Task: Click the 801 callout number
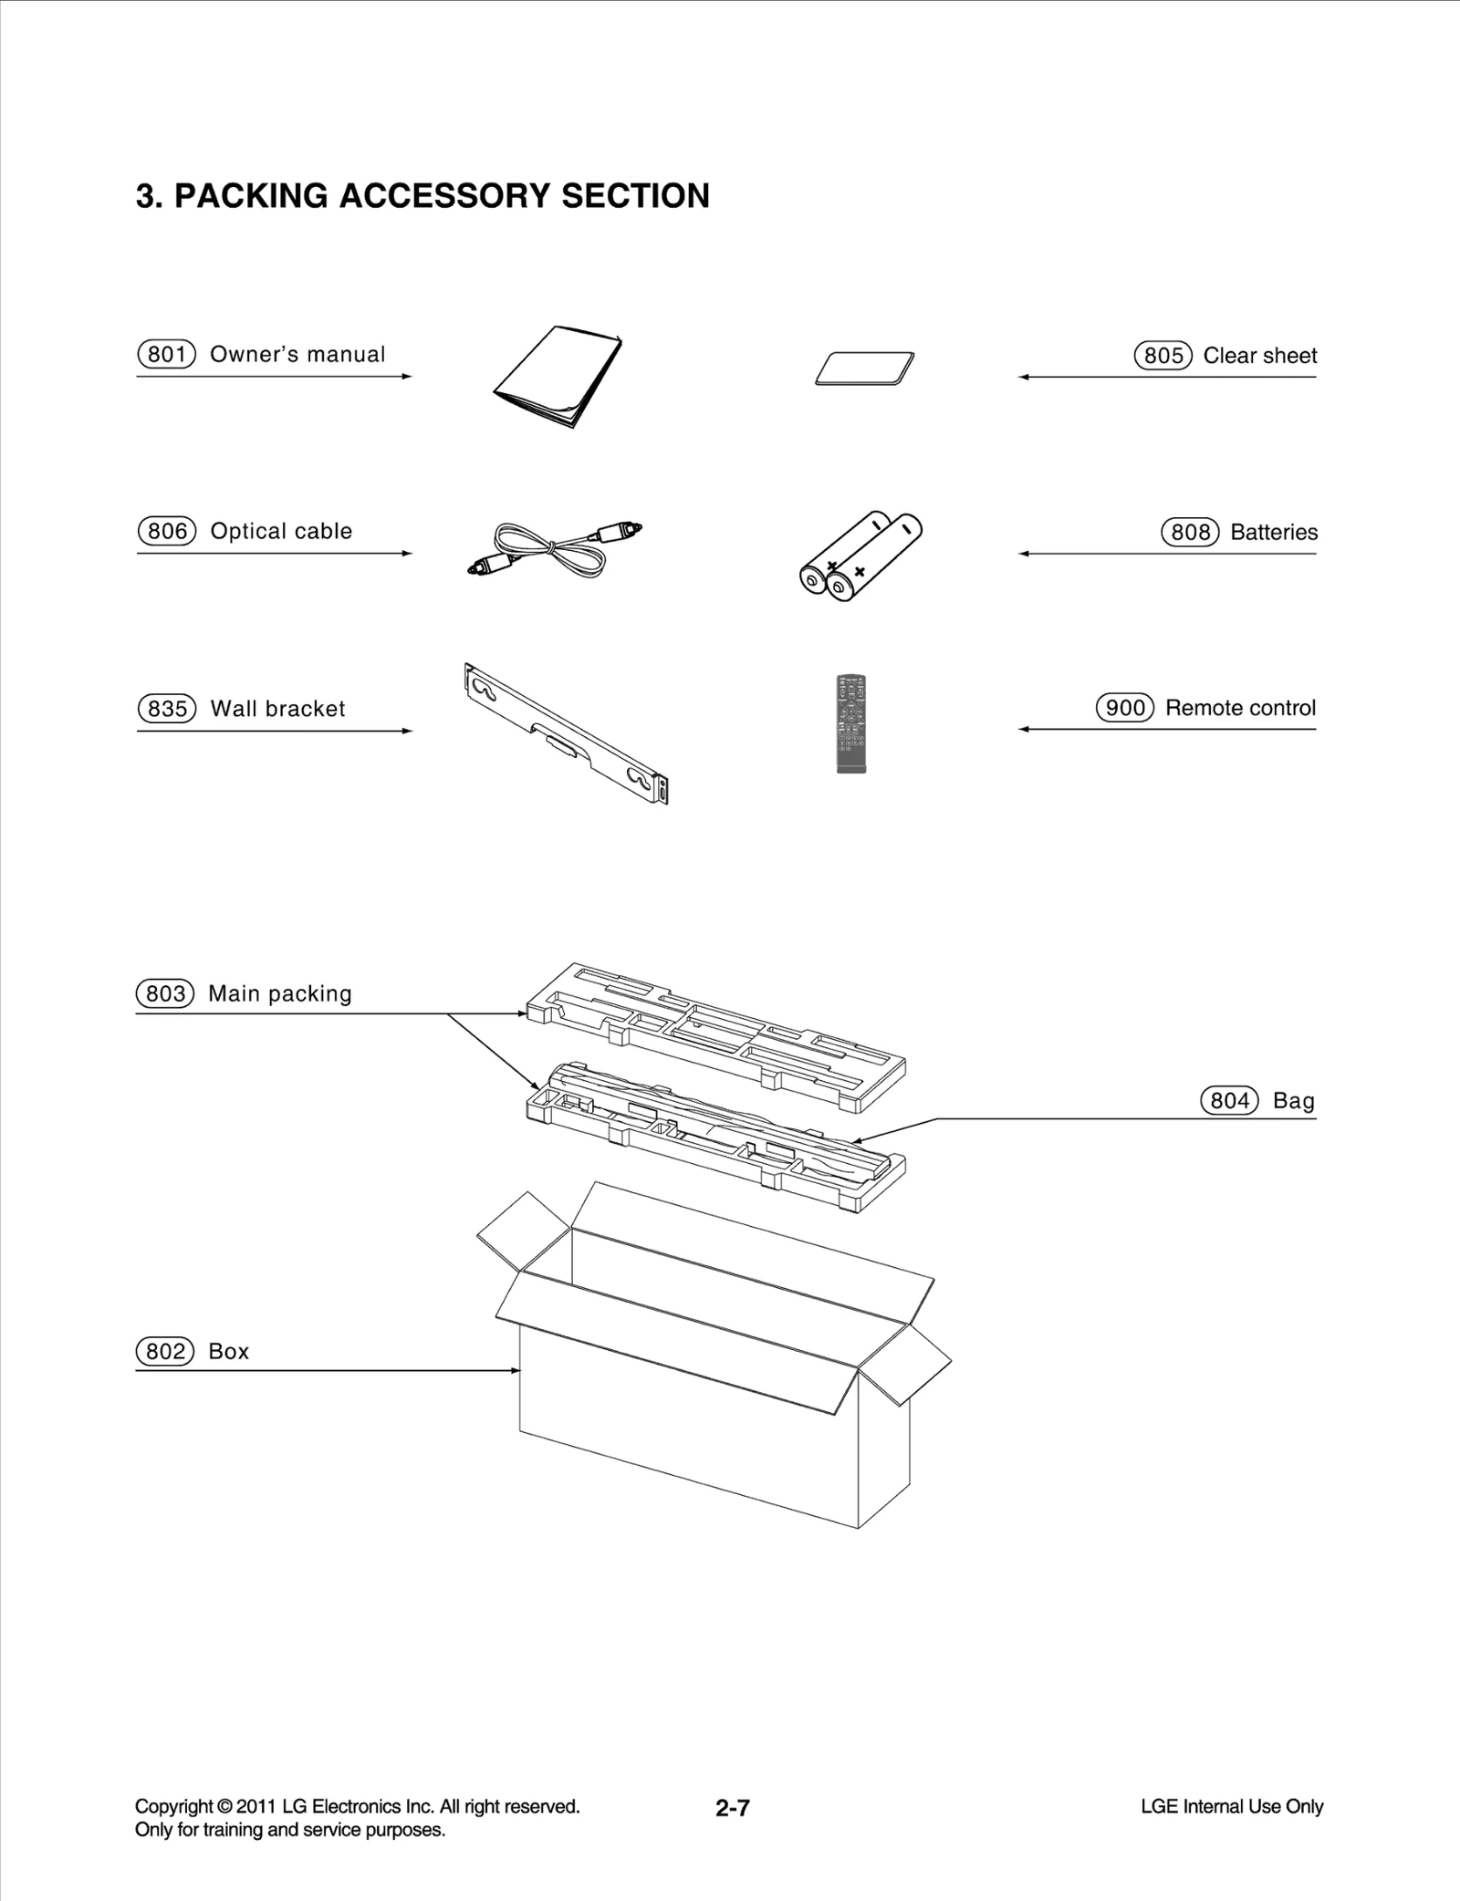click(167, 354)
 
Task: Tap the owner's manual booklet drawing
click(557, 376)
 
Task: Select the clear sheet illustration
click(865, 369)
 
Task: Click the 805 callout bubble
click(1163, 356)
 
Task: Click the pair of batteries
click(860, 556)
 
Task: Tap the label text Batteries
click(1274, 532)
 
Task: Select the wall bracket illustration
click(566, 733)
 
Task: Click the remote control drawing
click(851, 724)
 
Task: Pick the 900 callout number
click(1125, 708)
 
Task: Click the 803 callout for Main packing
click(165, 993)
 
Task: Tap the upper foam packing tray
click(716, 1035)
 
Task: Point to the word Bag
click(1293, 1101)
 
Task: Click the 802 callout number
click(165, 1351)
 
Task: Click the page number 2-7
click(733, 1808)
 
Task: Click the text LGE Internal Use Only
click(1231, 1806)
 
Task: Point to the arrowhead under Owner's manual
click(407, 376)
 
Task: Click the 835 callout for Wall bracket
click(167, 709)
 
